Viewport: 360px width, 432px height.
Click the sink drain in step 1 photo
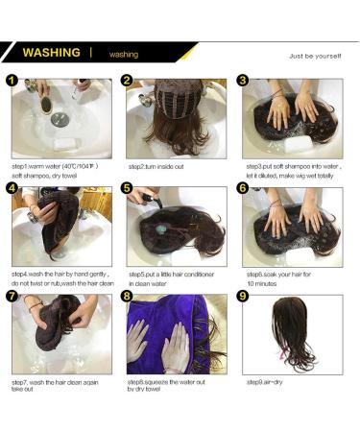pos(59,119)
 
